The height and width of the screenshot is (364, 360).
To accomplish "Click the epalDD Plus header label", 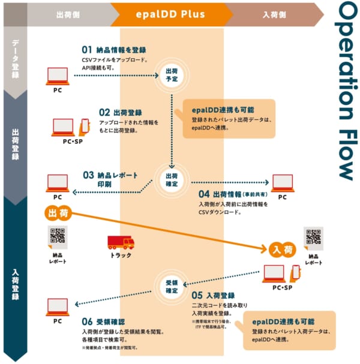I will coord(171,13).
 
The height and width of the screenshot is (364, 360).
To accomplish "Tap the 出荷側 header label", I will coord(68,14).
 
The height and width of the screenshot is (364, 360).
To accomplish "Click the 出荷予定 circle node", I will coord(172,75).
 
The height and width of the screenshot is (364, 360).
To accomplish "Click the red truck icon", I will coord(121,242).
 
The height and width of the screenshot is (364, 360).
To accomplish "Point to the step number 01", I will coord(88,50).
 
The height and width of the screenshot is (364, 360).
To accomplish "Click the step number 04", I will coord(203,194).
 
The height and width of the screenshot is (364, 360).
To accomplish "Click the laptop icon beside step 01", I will coord(58,75).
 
